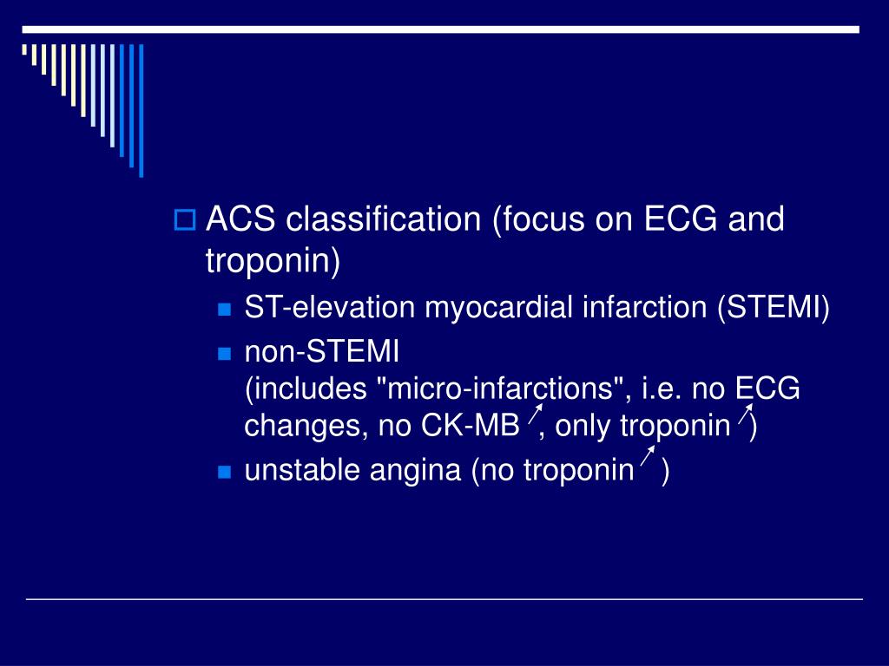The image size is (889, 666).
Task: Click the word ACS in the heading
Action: [240, 219]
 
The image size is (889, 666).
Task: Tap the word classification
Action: [383, 219]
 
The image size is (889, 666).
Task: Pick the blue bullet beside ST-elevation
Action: [224, 310]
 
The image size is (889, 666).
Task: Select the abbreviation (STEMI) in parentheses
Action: [773, 308]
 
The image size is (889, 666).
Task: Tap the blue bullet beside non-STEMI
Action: [224, 354]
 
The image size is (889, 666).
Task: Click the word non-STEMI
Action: [321, 352]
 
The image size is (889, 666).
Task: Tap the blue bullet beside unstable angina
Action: [224, 472]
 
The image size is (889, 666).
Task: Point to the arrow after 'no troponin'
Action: [647, 459]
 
